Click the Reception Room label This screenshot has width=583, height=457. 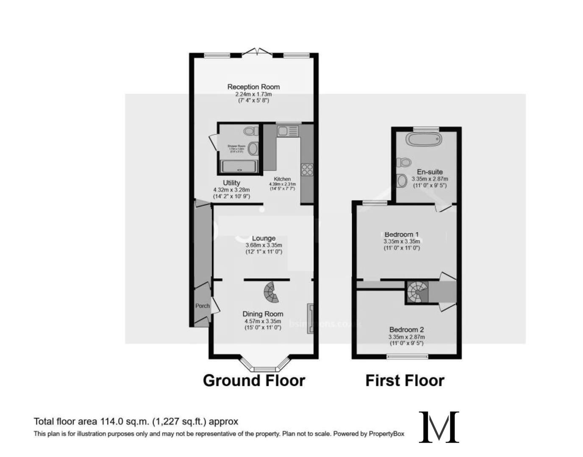click(253, 87)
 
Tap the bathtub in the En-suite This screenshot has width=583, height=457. click(423, 139)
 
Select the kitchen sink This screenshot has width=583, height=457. click(288, 131)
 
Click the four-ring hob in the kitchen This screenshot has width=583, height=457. click(307, 170)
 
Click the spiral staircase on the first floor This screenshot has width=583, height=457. click(417, 292)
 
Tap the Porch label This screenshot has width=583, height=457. click(203, 306)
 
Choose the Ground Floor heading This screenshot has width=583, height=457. click(254, 380)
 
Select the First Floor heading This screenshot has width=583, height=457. click(405, 380)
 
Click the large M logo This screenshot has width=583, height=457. click(439, 427)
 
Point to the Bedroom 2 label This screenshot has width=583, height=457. click(406, 330)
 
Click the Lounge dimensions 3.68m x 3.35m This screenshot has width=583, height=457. click(264, 245)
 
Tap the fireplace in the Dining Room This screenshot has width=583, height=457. click(310, 318)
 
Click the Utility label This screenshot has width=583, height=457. click(231, 183)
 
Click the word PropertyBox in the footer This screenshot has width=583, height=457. click(386, 434)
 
